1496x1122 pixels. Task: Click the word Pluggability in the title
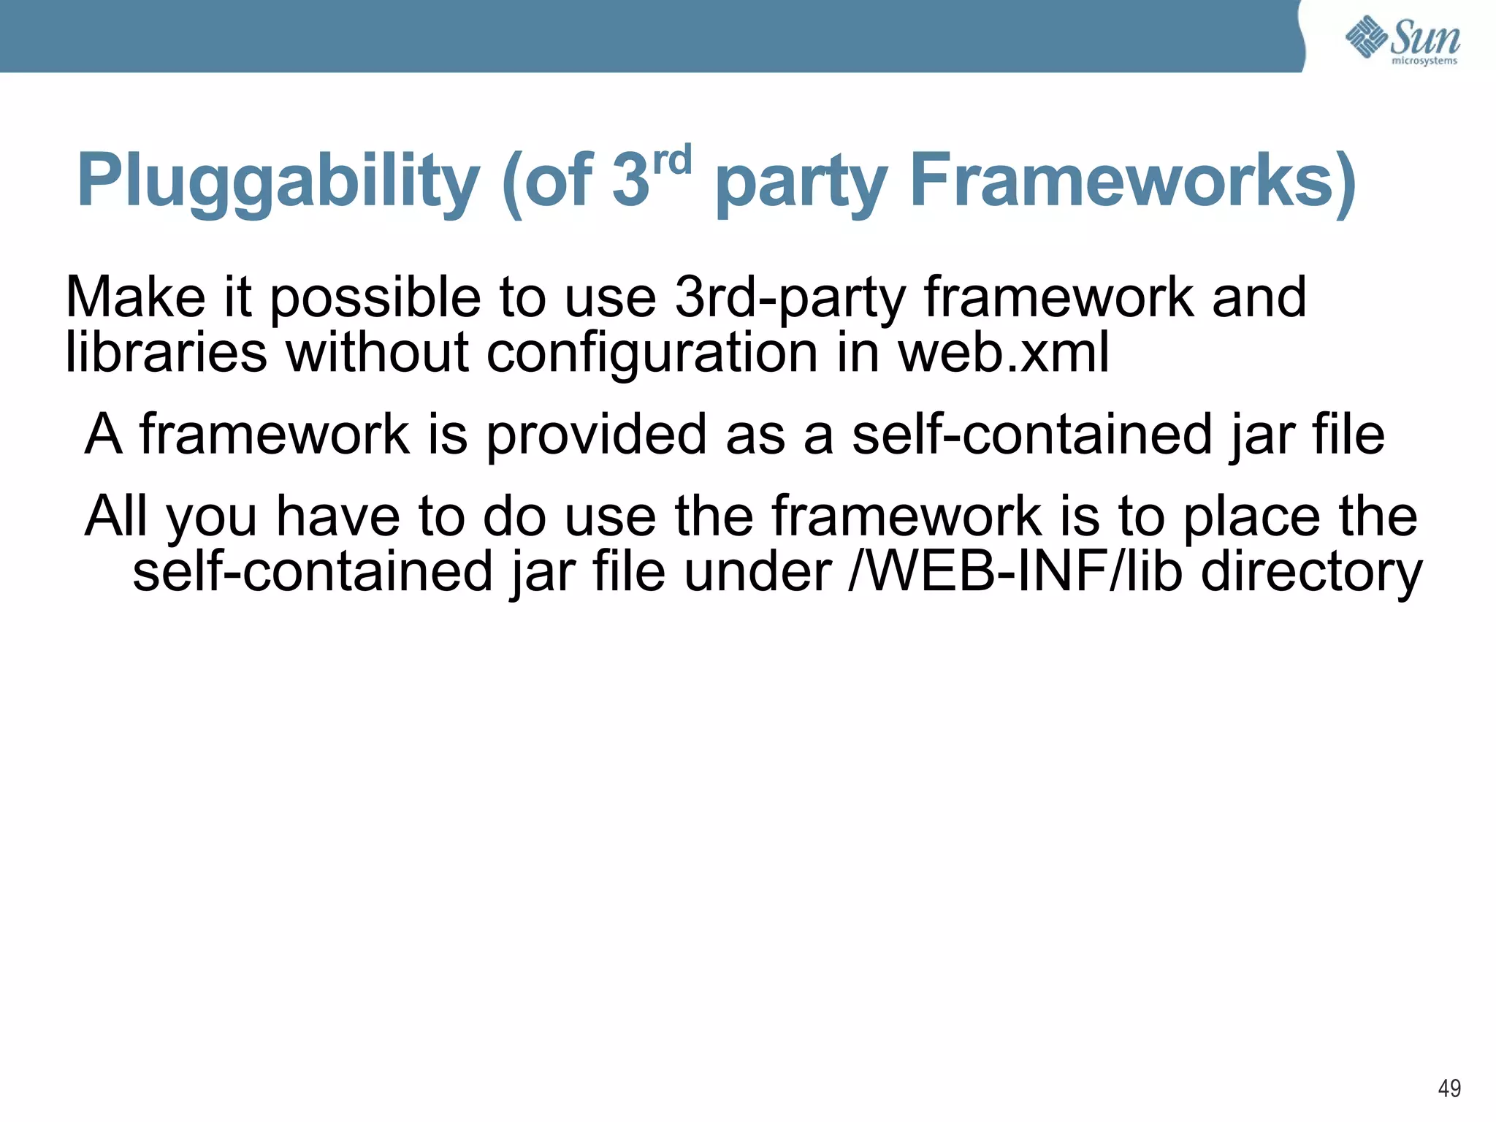pos(278,180)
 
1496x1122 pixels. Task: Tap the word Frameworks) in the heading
pos(1133,180)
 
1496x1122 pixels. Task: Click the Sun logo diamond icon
pos(1367,36)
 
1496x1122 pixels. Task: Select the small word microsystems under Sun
pos(1424,61)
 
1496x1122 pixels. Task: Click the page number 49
pos(1449,1088)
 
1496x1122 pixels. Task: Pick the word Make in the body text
pos(136,297)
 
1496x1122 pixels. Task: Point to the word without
pos(377,353)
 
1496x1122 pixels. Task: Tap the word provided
pos(596,435)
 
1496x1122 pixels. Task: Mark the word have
pos(337,516)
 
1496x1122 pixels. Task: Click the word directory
pos(1311,573)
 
